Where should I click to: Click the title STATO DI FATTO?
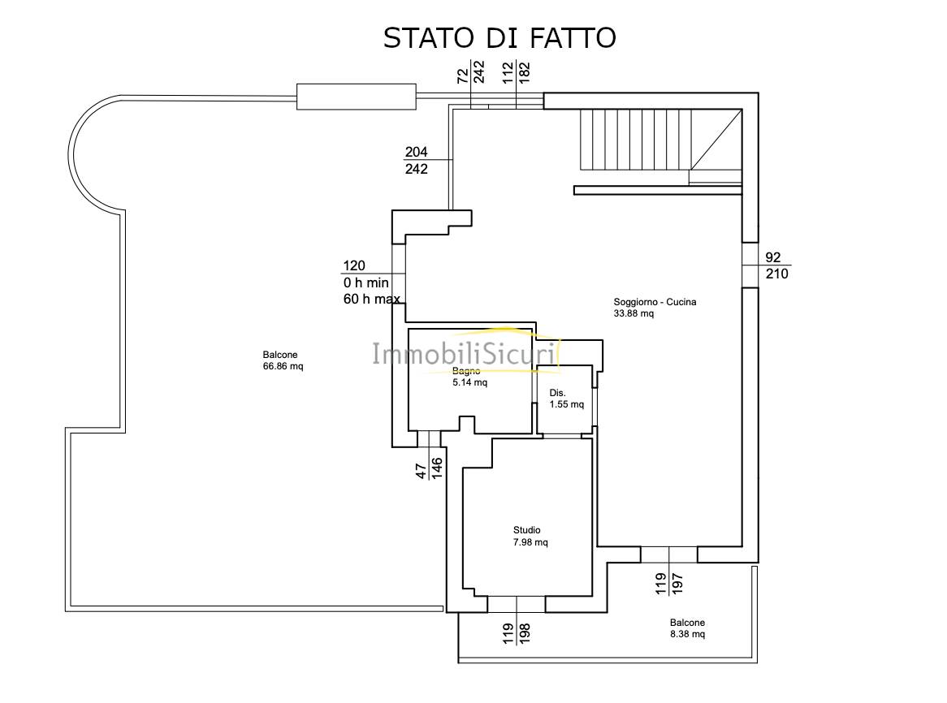tap(499, 37)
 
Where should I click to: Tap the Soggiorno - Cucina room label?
tap(655, 302)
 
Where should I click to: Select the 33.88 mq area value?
tap(633, 313)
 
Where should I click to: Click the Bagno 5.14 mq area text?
tap(470, 382)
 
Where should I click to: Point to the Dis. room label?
tap(557, 393)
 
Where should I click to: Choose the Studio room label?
tap(526, 530)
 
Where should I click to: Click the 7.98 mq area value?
tap(530, 542)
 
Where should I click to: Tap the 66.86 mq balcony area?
tap(283, 366)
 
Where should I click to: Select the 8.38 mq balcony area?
tap(687, 634)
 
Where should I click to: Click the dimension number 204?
tap(416, 152)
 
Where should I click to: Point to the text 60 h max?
tap(371, 299)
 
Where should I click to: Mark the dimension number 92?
tap(772, 257)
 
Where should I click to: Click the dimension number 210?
tap(776, 274)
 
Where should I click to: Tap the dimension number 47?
tap(422, 472)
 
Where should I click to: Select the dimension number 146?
tap(437, 468)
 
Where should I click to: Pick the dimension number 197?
tap(677, 584)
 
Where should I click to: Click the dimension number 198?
tap(524, 634)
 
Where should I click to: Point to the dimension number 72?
tap(463, 75)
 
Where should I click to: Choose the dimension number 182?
tap(524, 72)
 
